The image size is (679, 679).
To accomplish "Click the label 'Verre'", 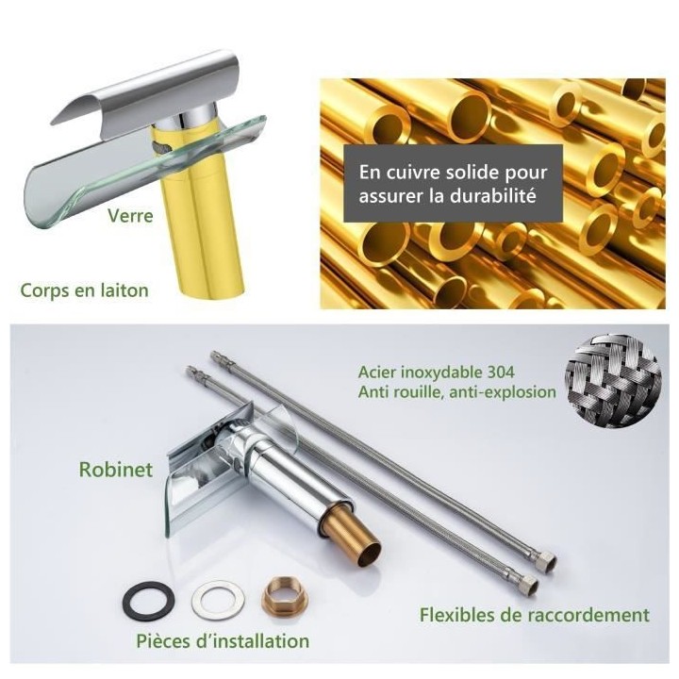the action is click(130, 216).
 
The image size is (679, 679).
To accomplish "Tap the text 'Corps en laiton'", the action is click(85, 290).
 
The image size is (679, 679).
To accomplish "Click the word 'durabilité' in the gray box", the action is click(493, 196).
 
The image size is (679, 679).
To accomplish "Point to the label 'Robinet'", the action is click(116, 470).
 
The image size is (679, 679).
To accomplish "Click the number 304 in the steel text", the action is click(498, 372).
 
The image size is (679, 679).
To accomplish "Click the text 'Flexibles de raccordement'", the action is click(535, 615).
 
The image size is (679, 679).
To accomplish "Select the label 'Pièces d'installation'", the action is click(223, 641).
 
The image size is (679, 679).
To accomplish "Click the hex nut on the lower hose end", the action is click(530, 582).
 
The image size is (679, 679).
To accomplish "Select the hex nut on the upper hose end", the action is click(547, 560).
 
